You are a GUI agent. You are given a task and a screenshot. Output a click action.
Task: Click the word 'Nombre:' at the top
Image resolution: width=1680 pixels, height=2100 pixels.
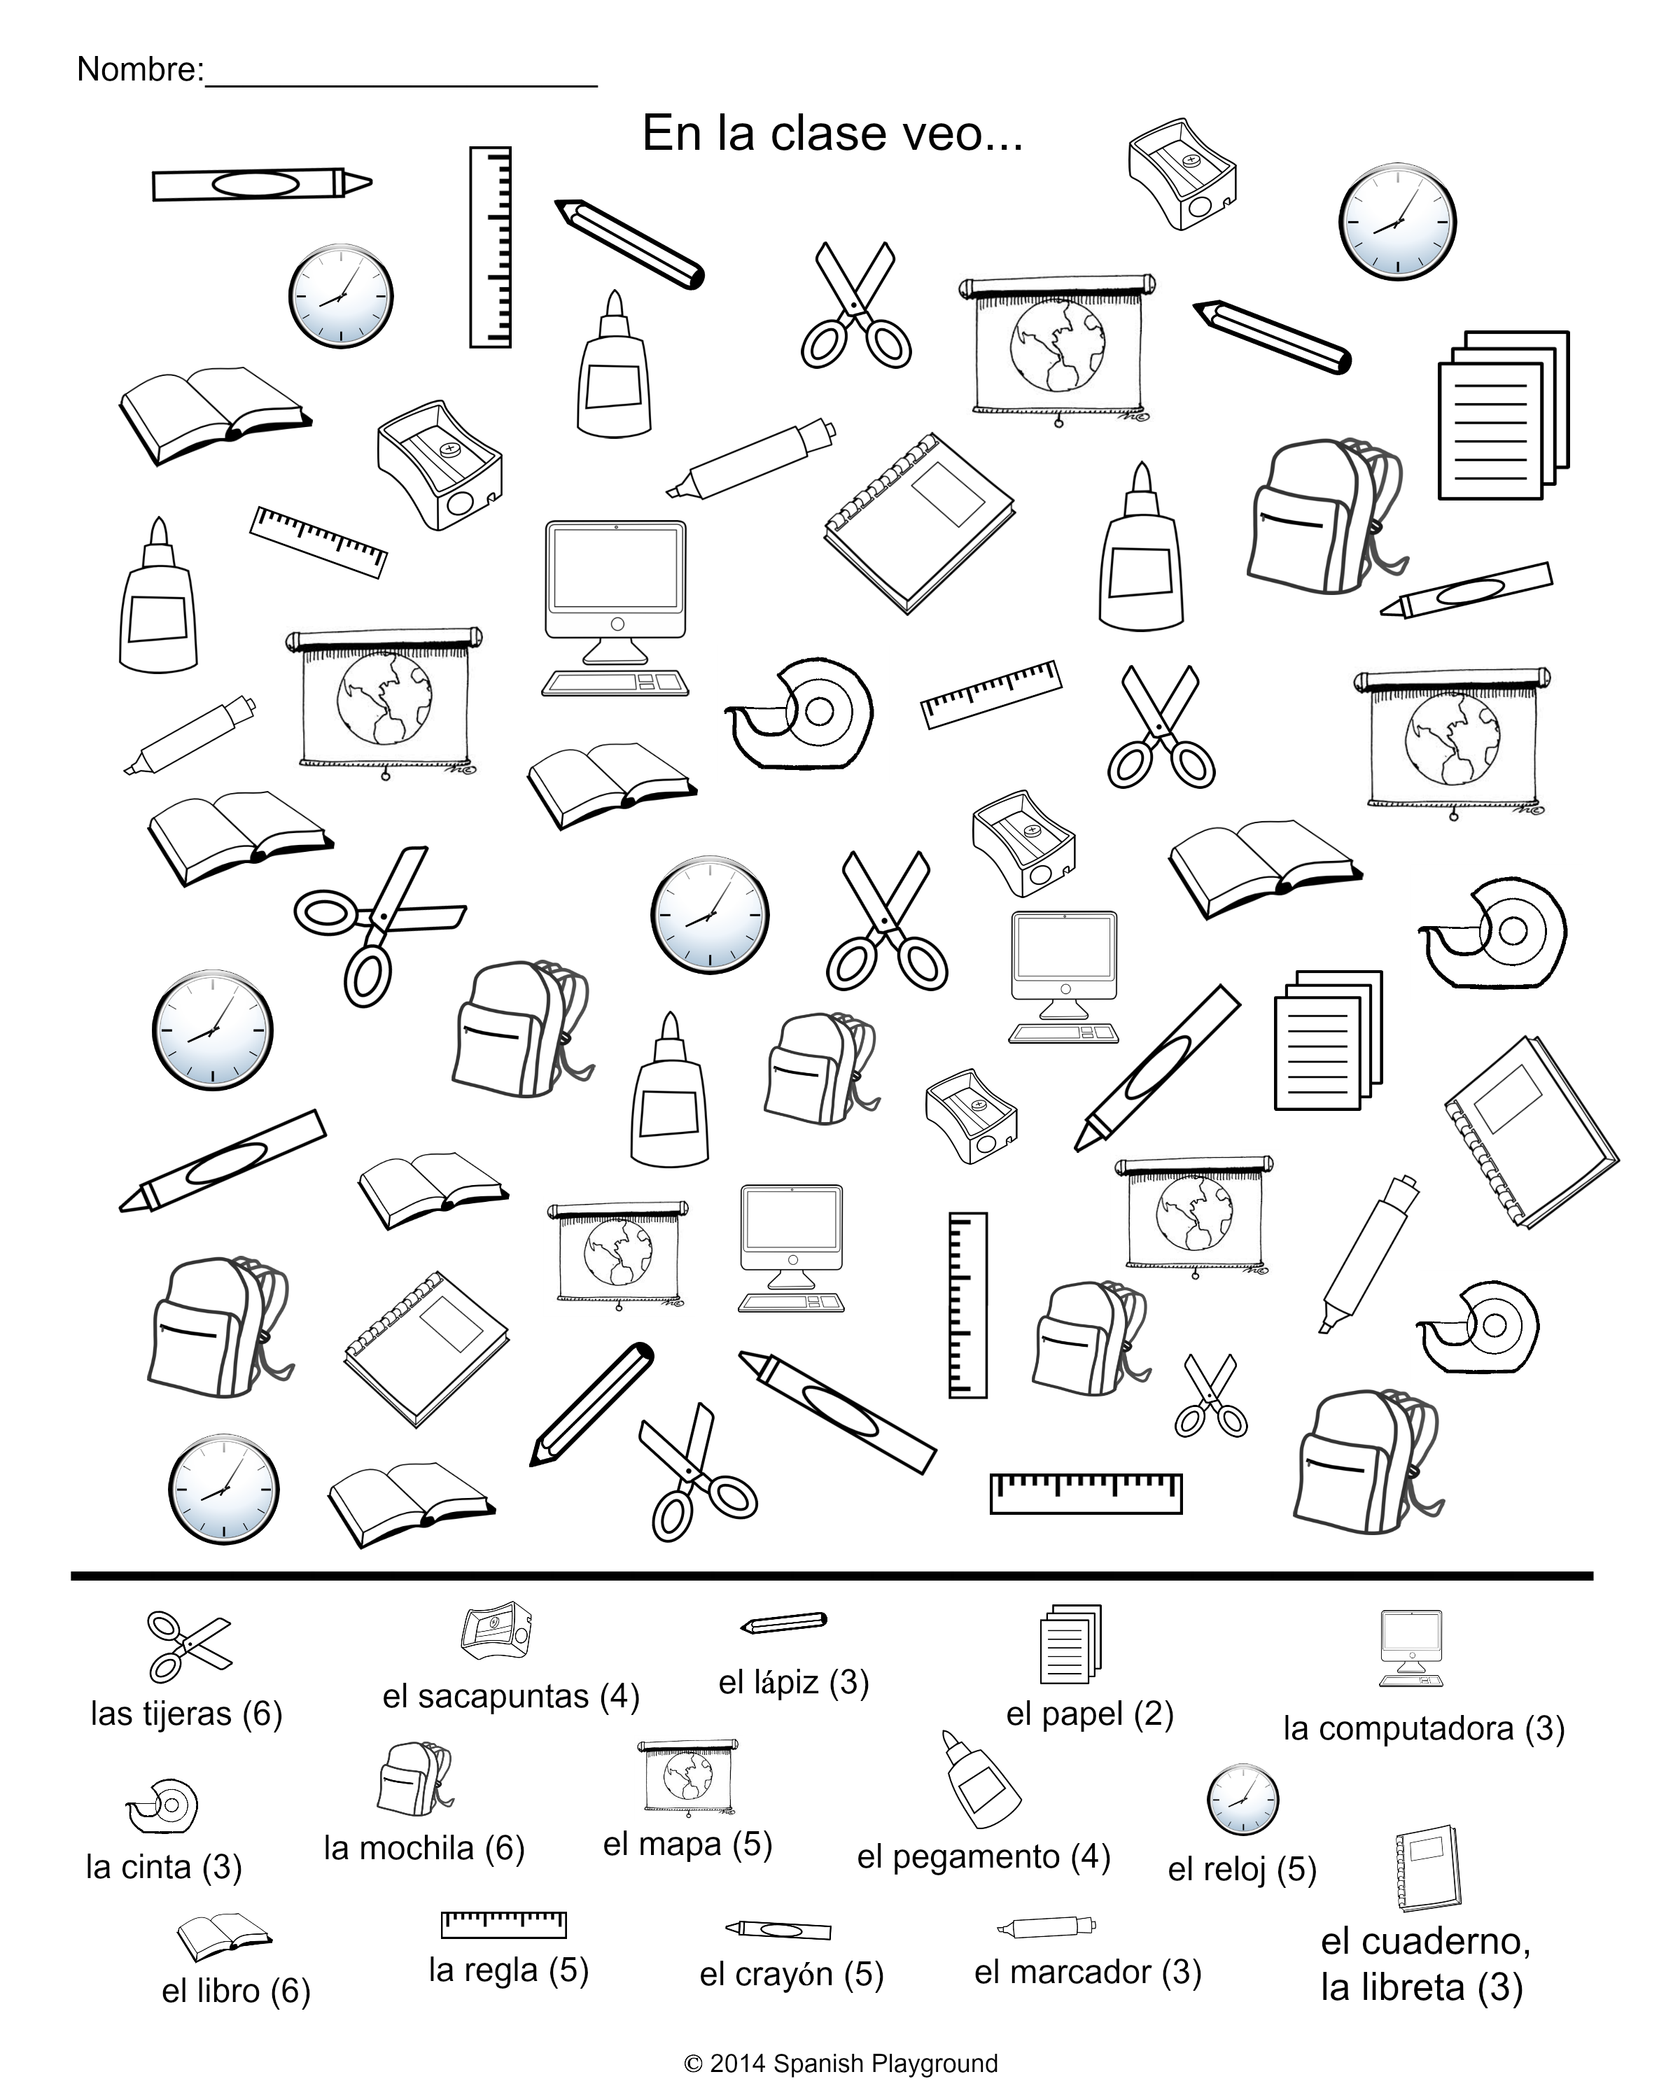click(x=139, y=69)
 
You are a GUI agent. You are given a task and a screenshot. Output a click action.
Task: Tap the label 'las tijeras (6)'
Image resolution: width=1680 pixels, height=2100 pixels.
click(x=186, y=1714)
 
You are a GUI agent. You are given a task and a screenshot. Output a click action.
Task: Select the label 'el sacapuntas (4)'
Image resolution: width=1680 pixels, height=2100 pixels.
click(x=510, y=1697)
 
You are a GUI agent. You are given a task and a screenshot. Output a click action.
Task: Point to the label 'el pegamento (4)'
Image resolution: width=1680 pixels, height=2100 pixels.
click(x=983, y=1856)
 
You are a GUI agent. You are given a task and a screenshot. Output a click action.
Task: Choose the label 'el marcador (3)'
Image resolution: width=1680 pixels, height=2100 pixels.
click(x=1087, y=1973)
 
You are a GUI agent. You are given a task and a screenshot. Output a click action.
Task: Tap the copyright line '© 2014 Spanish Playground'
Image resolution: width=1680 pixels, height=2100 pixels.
click(x=841, y=2063)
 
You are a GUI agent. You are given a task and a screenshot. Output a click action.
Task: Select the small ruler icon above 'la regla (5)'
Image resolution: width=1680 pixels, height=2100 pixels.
click(x=503, y=1924)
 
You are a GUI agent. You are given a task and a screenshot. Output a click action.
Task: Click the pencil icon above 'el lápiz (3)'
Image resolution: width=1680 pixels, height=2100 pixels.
click(x=784, y=1623)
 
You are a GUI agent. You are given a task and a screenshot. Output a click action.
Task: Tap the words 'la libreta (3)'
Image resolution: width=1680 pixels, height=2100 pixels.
click(x=1421, y=1988)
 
